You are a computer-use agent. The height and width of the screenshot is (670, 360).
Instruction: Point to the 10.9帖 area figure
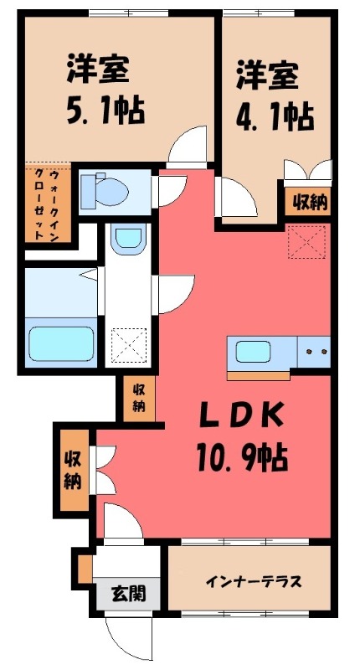click(x=243, y=456)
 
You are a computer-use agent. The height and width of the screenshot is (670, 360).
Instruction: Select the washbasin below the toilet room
click(x=128, y=240)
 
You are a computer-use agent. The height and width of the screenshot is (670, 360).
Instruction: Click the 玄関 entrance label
click(x=128, y=594)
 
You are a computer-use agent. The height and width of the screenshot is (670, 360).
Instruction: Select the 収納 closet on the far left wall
click(x=73, y=469)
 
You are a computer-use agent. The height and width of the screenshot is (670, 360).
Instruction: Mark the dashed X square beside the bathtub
click(x=129, y=343)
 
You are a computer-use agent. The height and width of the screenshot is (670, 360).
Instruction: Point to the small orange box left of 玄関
click(x=85, y=567)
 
